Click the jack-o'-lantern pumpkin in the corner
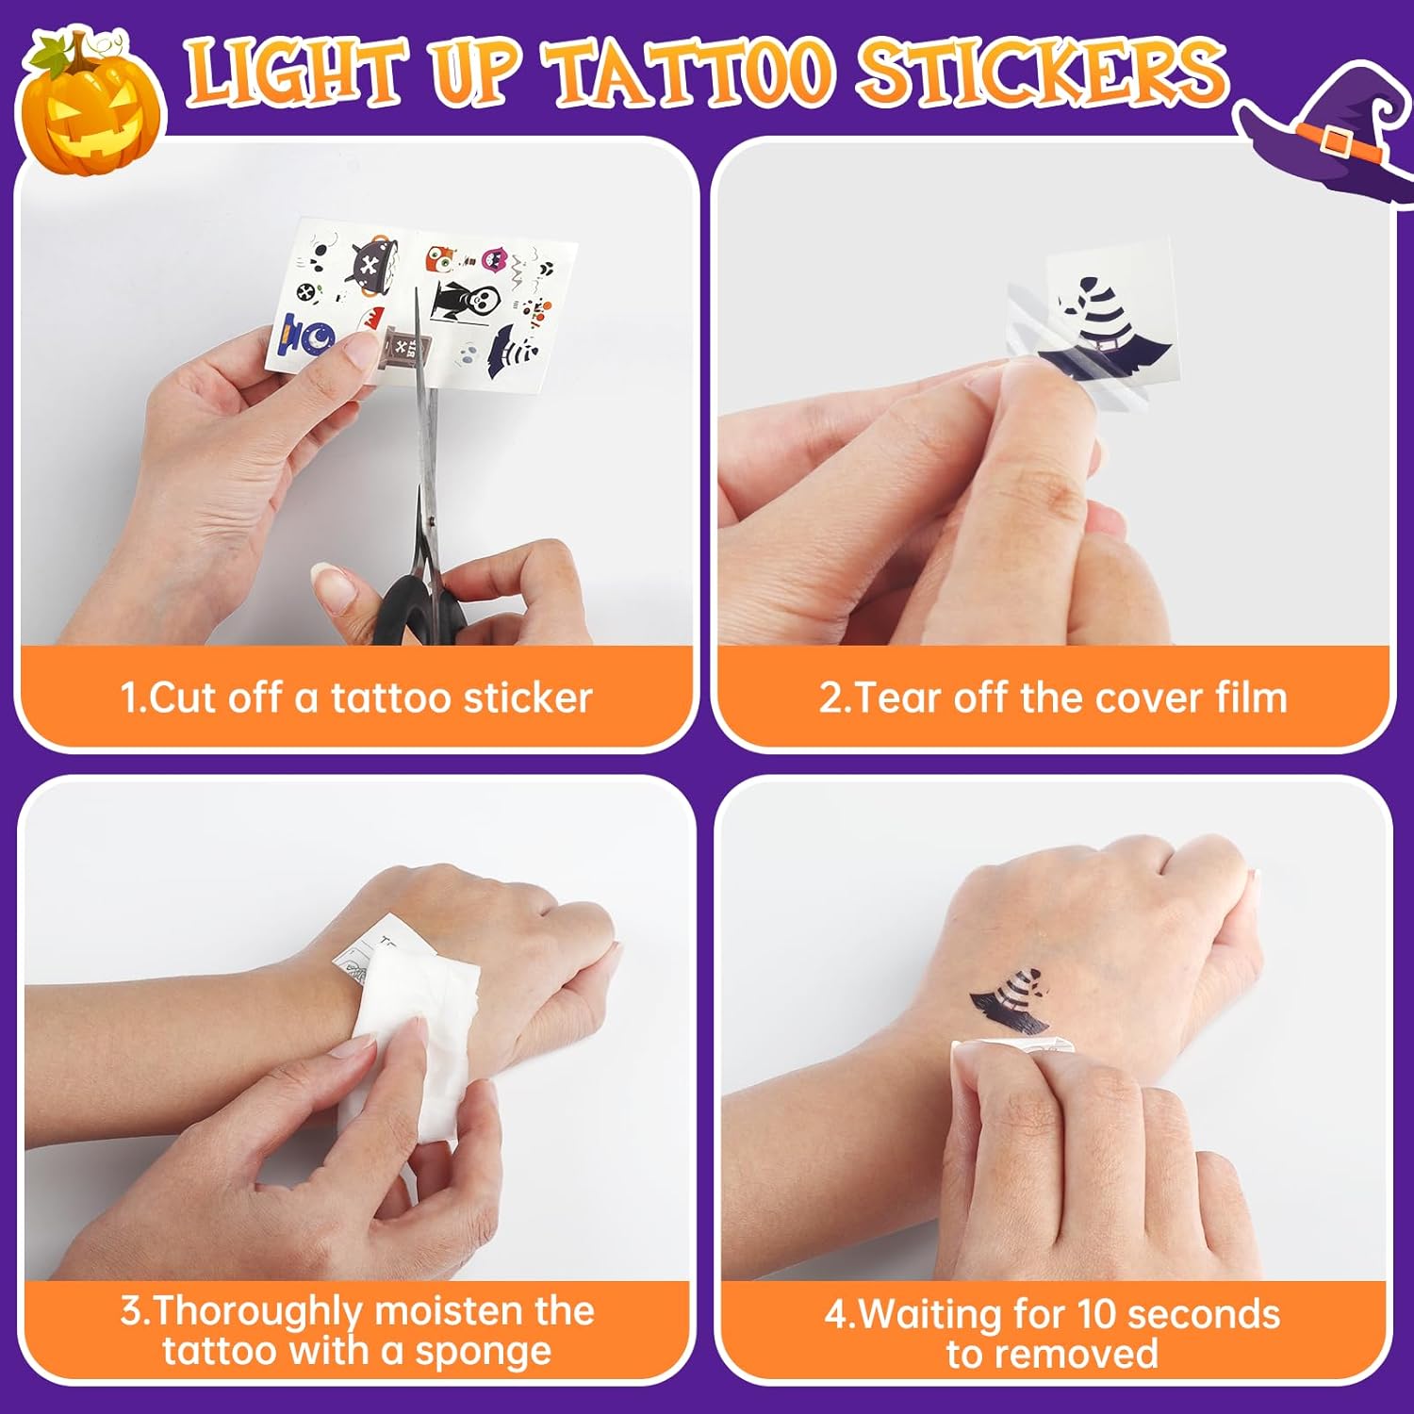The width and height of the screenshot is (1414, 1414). [x=90, y=108]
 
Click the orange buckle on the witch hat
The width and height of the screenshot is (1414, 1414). [x=1336, y=140]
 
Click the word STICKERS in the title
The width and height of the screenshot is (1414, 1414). [x=1042, y=71]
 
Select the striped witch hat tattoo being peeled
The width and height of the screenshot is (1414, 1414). [x=1103, y=330]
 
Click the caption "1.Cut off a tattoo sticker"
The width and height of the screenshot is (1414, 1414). [x=356, y=699]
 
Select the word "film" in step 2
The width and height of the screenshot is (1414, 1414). [x=1250, y=699]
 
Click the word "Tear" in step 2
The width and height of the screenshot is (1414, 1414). [x=896, y=699]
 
